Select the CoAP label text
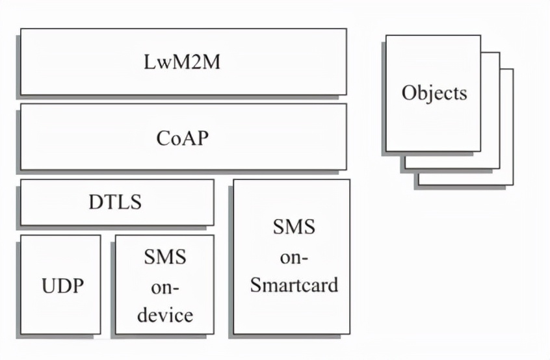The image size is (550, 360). (x=183, y=138)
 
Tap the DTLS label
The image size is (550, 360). (x=115, y=202)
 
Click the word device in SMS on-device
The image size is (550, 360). (x=164, y=315)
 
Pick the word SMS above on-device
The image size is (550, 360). (x=164, y=257)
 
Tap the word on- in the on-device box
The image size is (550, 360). (x=164, y=286)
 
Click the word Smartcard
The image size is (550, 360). (x=295, y=285)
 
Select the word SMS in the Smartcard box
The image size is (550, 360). (x=295, y=227)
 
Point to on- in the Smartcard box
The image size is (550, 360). (x=295, y=256)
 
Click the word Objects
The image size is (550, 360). (x=434, y=92)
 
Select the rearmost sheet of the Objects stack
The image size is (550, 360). (x=508, y=175)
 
